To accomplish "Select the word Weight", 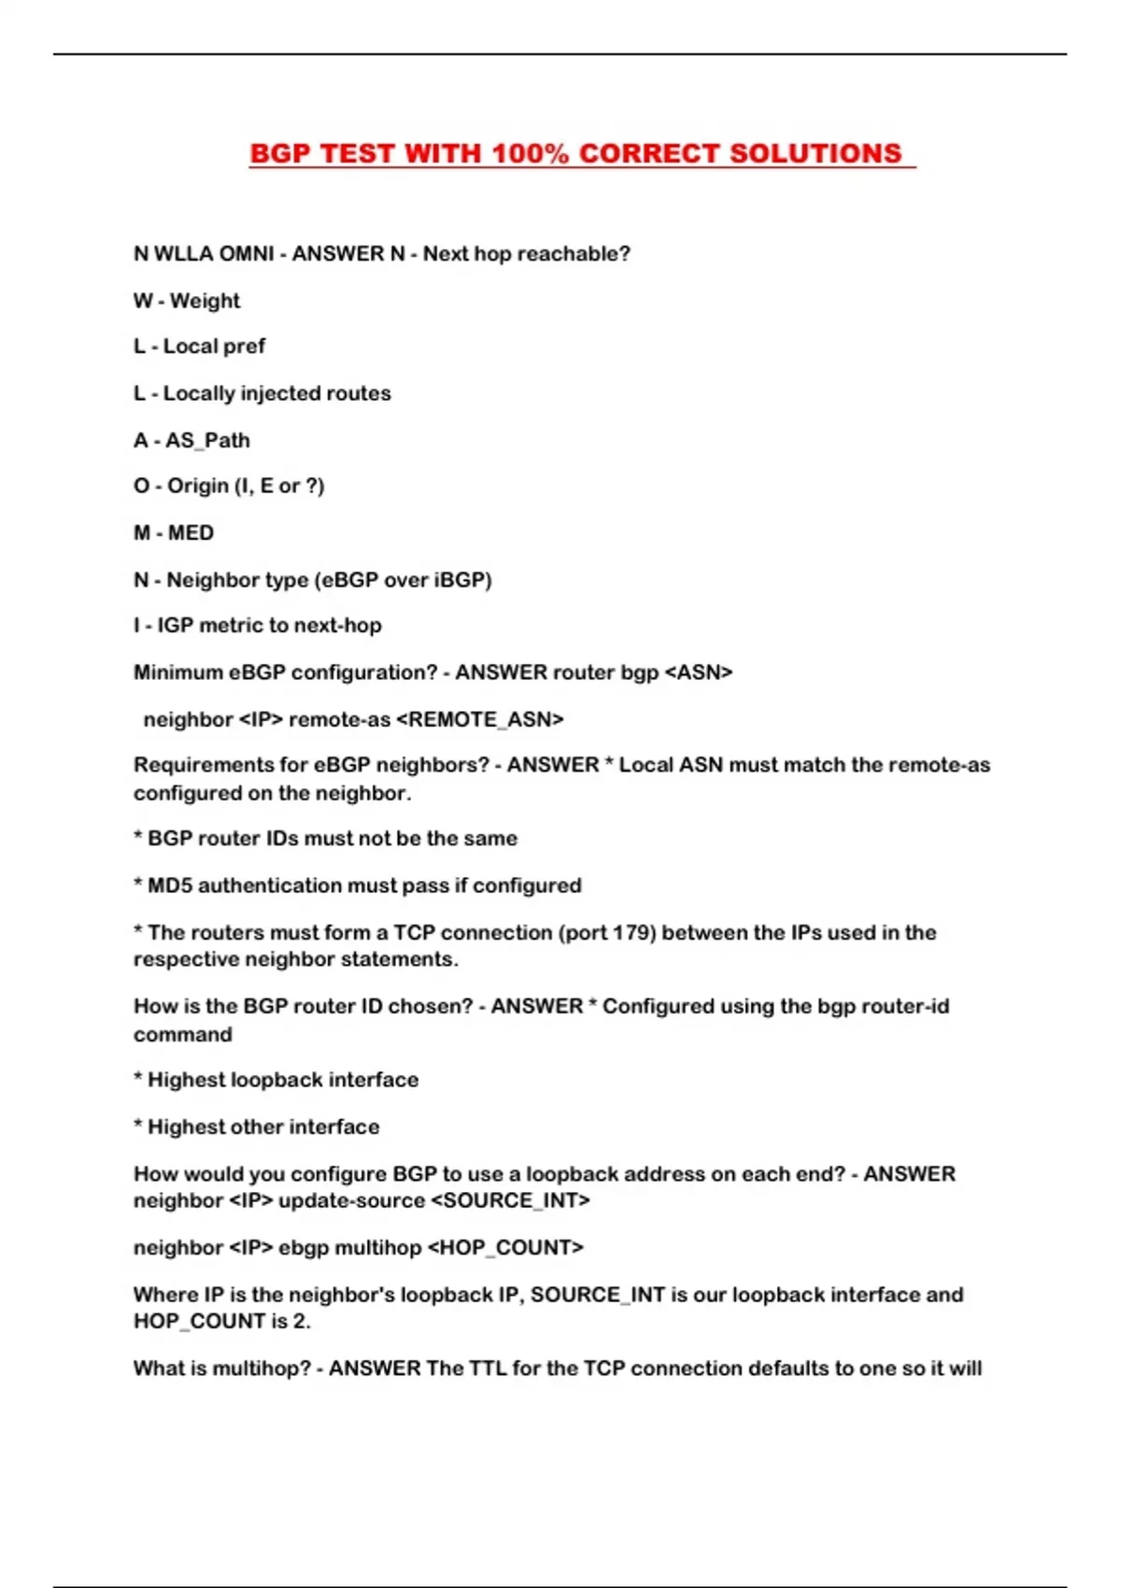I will [205, 301].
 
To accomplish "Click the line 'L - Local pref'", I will [199, 347].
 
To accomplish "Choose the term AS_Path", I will [207, 440].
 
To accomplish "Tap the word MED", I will [191, 532].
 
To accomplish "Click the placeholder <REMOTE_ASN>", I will [480, 719].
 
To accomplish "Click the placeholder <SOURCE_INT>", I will [510, 1200].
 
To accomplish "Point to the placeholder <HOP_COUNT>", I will [504, 1248].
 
